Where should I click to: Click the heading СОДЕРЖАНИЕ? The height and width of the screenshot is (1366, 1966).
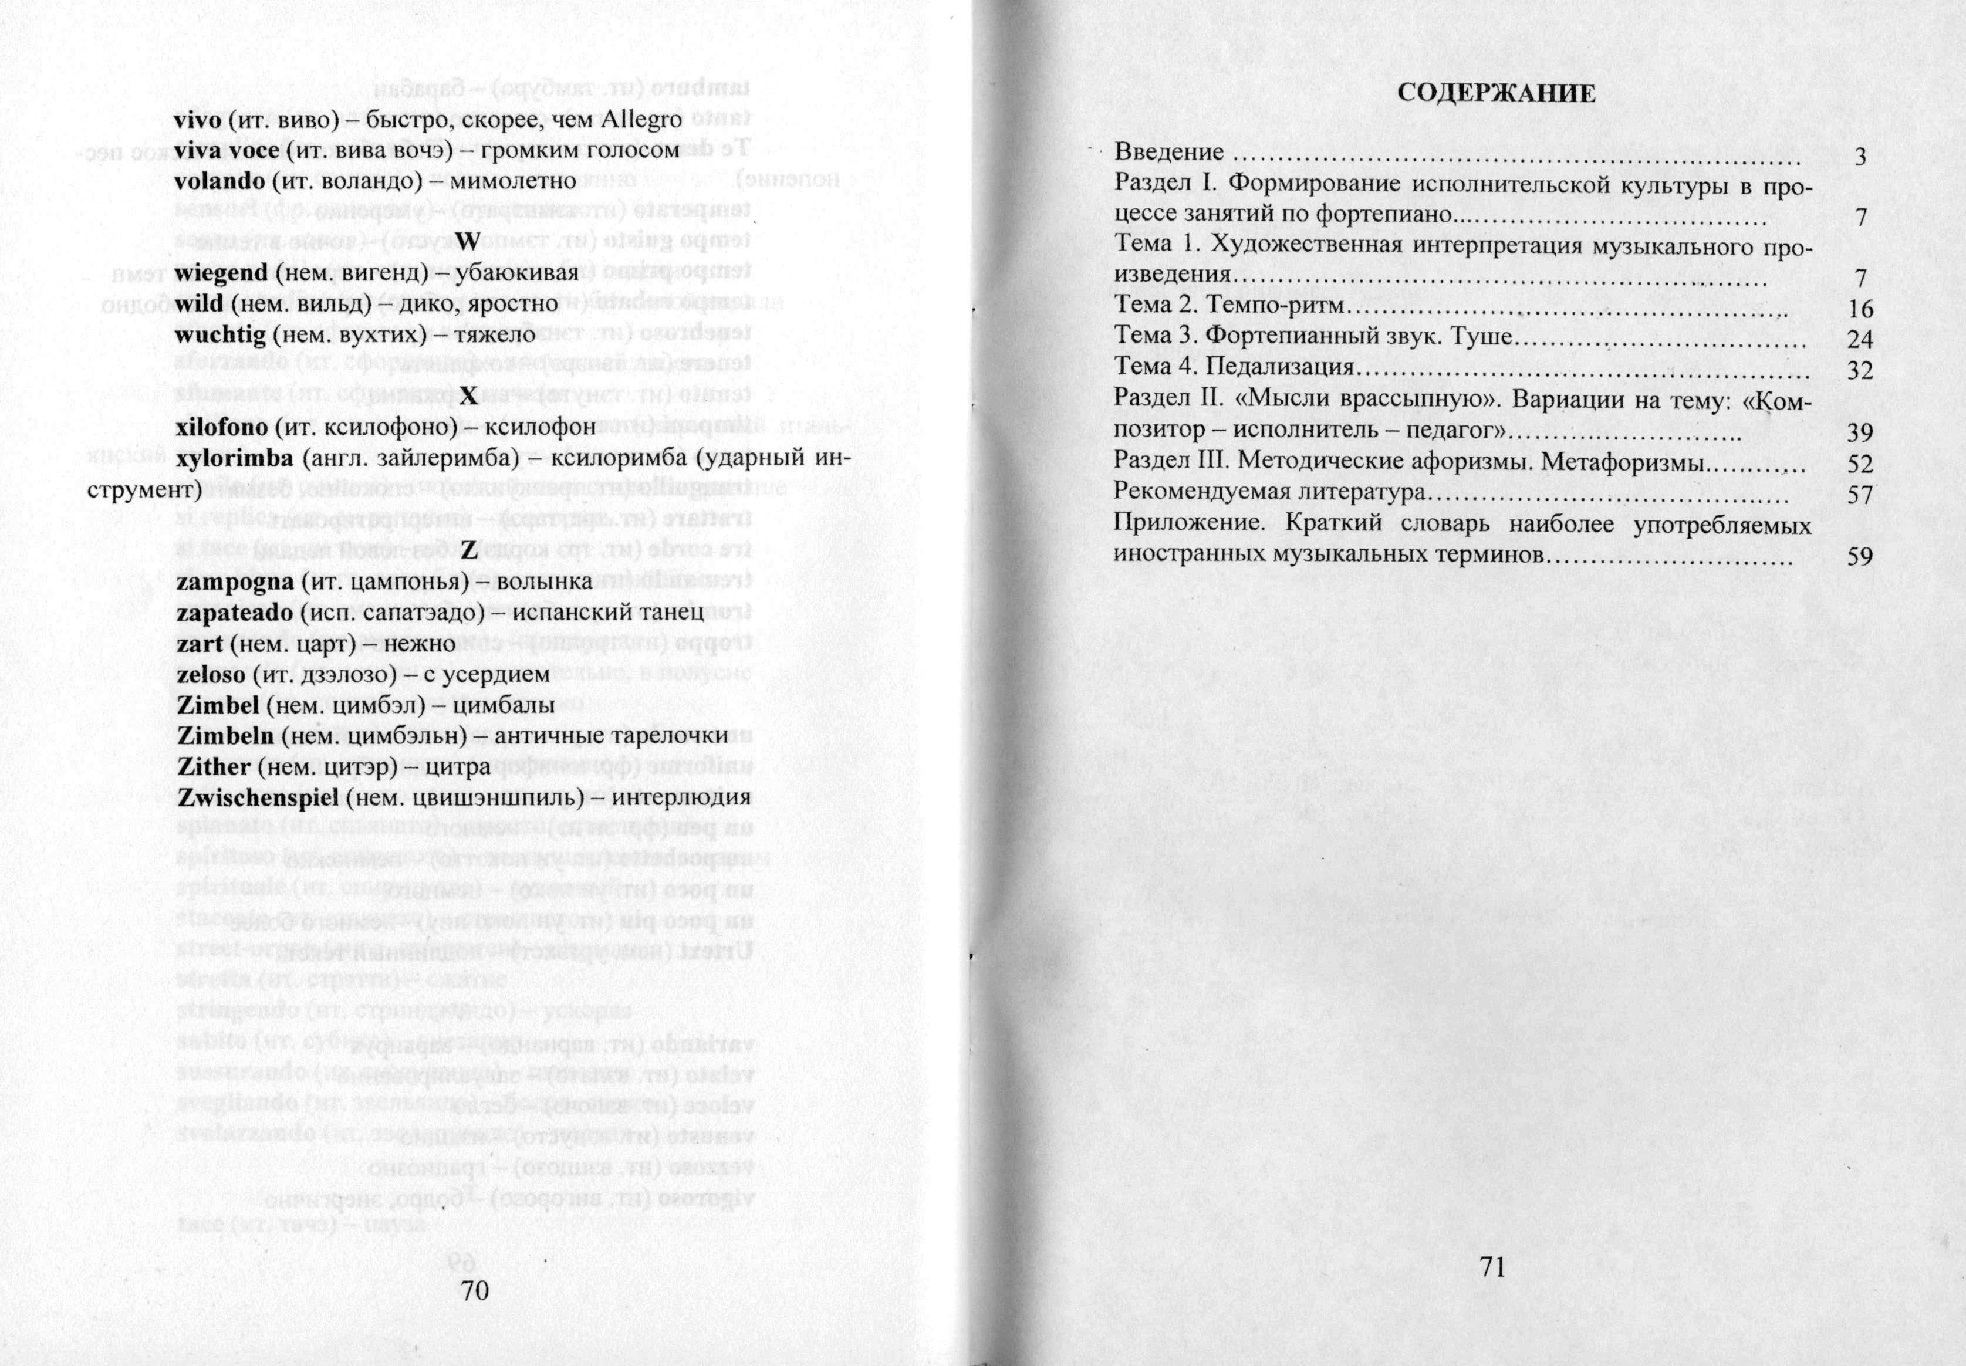(x=1496, y=93)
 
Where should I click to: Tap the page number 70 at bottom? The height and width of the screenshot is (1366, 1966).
(x=475, y=1290)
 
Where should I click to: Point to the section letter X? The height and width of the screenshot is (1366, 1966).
(x=467, y=395)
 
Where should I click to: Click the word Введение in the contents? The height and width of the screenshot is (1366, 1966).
(x=1169, y=153)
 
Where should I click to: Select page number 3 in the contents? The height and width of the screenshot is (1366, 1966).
(x=1860, y=157)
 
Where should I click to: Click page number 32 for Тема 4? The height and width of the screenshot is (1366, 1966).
(x=1860, y=371)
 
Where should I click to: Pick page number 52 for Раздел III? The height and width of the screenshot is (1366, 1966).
(x=1860, y=465)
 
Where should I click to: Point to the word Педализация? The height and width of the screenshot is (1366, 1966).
(x=1281, y=367)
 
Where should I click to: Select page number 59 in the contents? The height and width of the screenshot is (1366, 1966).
(x=1860, y=556)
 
